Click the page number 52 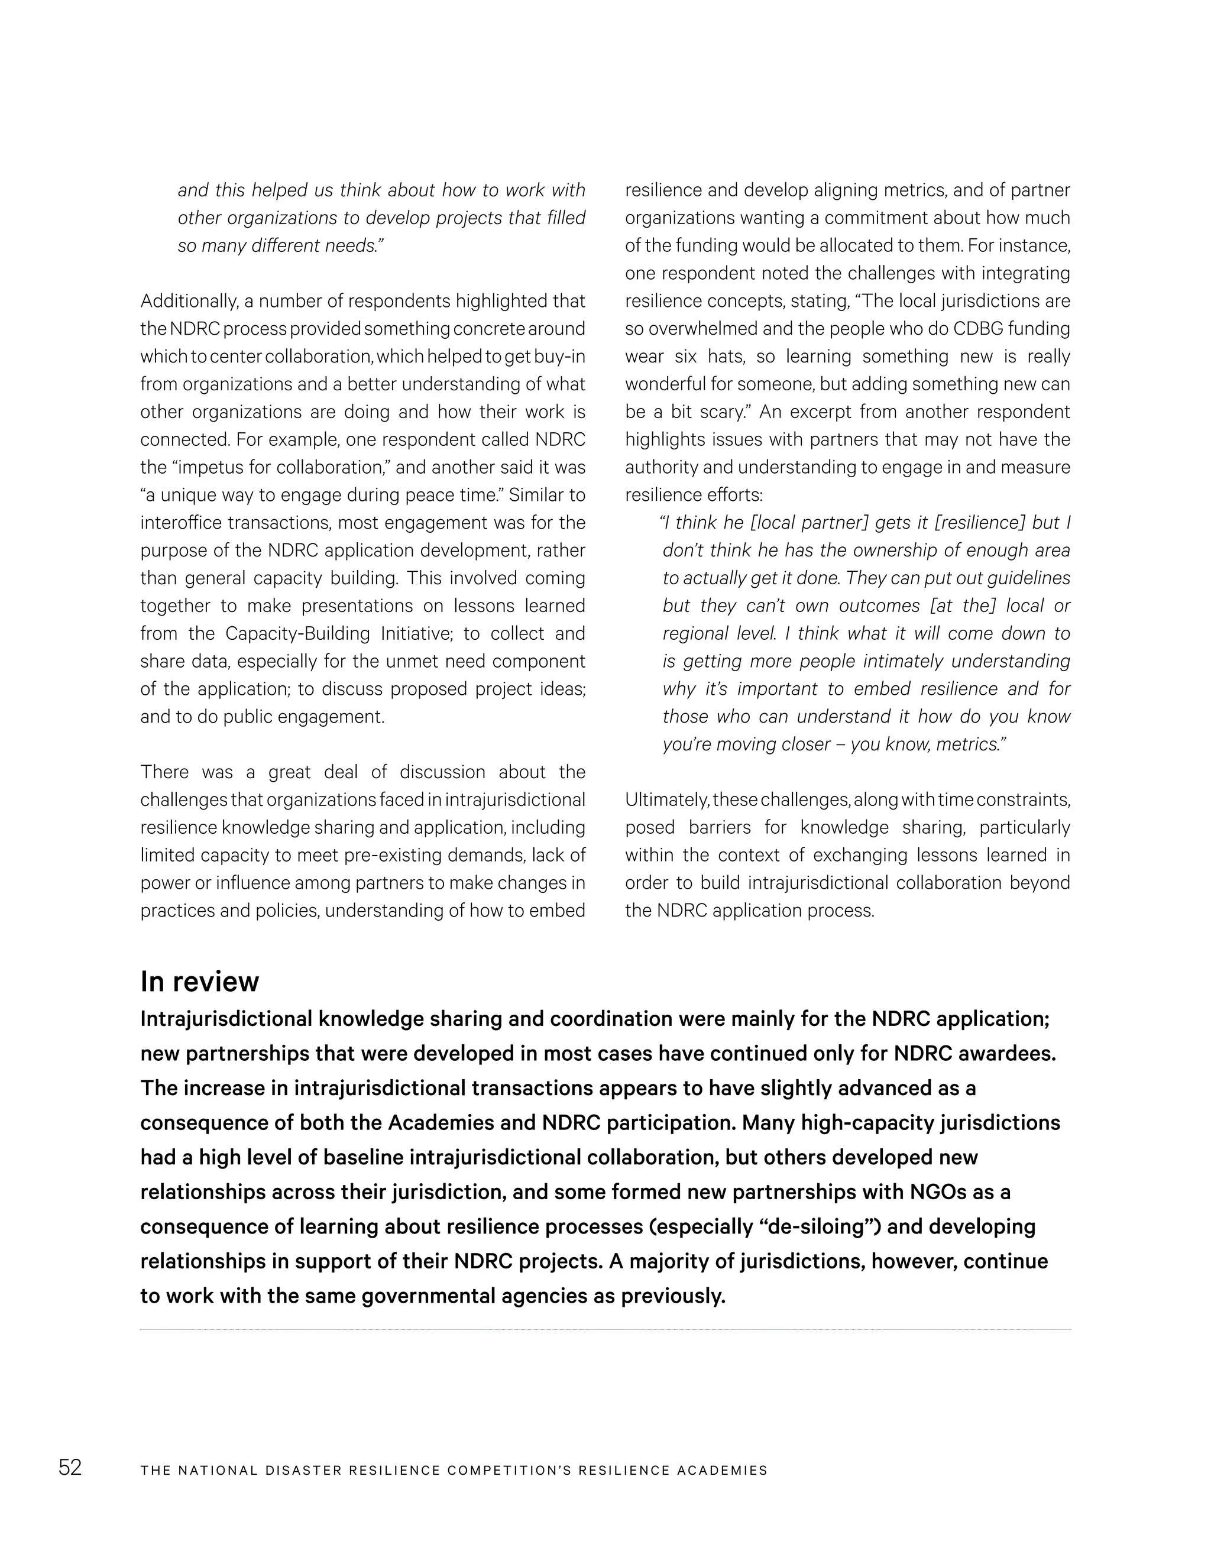(70, 1468)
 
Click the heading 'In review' (199, 982)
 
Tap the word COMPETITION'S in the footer (509, 1470)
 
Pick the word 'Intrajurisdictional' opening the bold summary (226, 1019)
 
